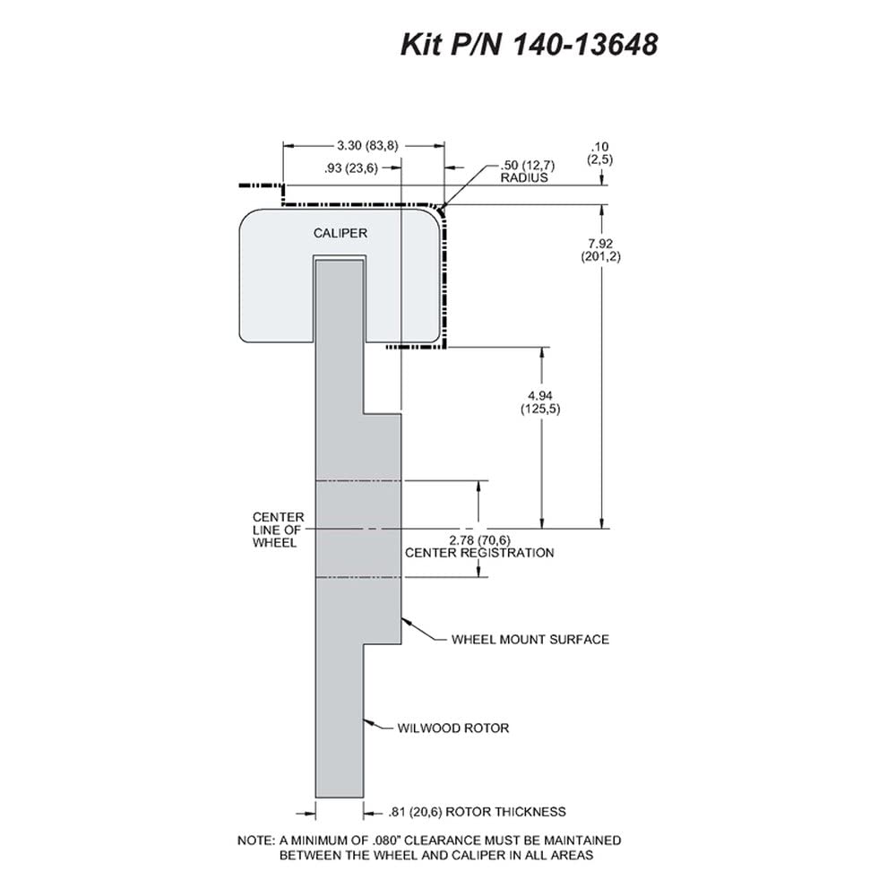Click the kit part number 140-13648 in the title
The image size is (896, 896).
(586, 45)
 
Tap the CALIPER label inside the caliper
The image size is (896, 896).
(340, 233)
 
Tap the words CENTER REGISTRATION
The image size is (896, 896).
(479, 553)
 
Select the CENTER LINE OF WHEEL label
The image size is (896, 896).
(279, 530)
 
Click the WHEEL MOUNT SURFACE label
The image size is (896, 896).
(530, 640)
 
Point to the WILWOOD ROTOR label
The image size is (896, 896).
(453, 728)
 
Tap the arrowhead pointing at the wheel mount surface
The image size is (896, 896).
(407, 621)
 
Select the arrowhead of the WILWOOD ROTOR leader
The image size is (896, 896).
(369, 722)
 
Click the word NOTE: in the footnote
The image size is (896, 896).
(256, 840)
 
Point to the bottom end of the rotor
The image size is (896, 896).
(340, 797)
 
